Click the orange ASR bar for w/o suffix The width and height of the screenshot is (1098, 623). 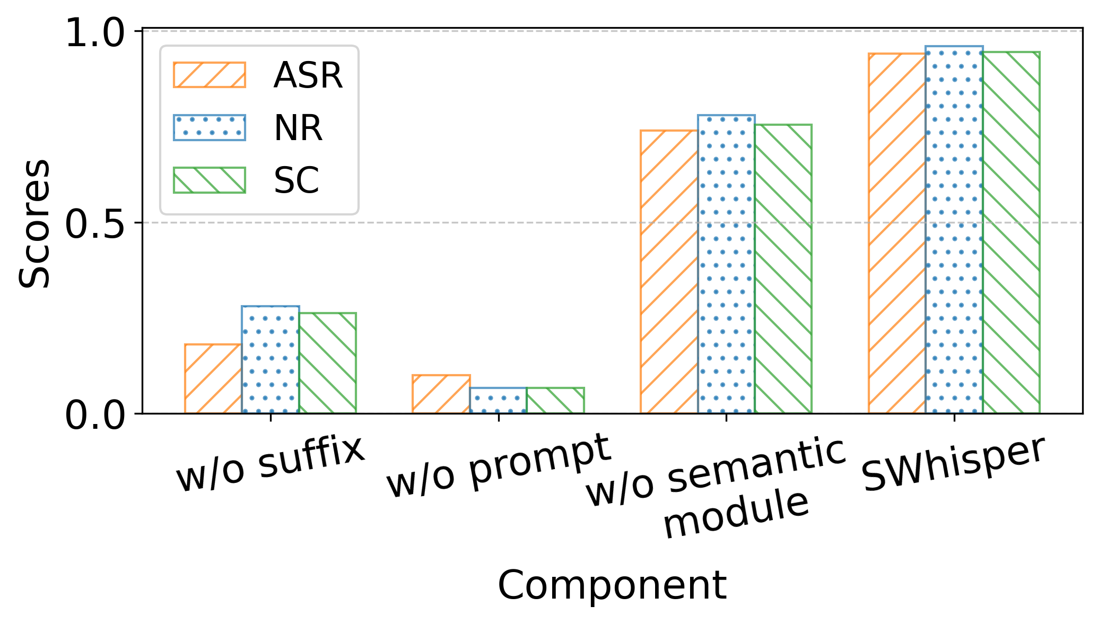213,378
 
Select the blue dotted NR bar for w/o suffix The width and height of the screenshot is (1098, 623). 271,359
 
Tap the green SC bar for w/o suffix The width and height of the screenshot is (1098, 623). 328,362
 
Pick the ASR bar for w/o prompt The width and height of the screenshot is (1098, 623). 441,394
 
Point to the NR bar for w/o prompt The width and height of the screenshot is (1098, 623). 498,400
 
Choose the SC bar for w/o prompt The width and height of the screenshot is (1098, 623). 555,400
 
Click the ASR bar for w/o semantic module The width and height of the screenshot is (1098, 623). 669,271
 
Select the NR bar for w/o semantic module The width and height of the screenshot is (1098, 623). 726,264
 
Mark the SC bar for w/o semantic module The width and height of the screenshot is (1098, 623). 783,269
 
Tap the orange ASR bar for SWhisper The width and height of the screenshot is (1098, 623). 897,233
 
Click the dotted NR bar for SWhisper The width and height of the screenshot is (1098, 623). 954,229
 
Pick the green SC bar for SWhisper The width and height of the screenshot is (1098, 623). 1012,232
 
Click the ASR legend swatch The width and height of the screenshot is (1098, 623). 210,75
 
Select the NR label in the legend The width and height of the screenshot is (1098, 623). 298,128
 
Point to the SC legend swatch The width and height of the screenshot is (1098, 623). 210,180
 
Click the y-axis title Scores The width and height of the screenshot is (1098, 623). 34,223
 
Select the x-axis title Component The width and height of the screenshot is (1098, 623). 612,585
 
